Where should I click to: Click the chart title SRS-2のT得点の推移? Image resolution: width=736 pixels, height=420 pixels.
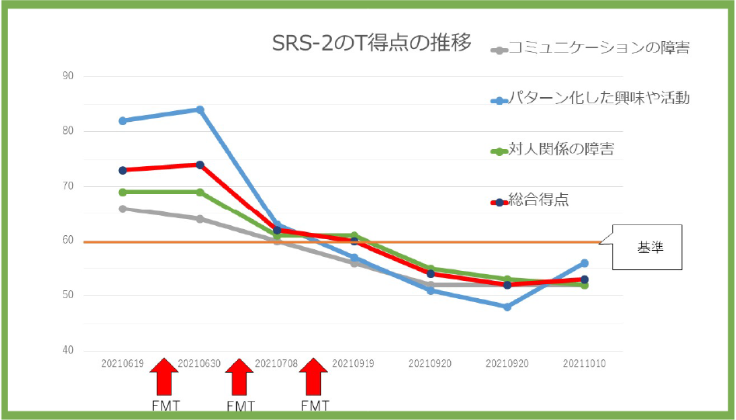pos(371,43)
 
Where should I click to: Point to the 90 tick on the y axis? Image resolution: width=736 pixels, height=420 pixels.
pos(68,76)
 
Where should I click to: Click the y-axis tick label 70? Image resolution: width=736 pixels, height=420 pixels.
pos(68,186)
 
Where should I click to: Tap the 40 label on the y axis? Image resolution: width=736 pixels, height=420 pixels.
pos(68,350)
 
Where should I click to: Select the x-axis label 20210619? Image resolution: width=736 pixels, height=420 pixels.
pos(123,363)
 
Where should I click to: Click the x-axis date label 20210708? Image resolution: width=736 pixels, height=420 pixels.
pos(277,363)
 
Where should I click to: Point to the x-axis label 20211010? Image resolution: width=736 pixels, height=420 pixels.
pos(584,363)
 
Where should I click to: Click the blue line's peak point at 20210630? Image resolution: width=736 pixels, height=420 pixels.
pos(200,109)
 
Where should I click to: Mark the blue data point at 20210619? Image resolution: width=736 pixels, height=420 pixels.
pos(123,120)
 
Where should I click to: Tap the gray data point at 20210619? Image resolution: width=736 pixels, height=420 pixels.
pos(123,208)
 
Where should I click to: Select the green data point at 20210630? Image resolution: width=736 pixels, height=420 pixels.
pos(200,192)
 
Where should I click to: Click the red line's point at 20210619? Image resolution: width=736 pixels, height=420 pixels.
pos(123,170)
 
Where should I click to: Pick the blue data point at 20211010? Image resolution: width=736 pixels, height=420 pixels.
pos(584,263)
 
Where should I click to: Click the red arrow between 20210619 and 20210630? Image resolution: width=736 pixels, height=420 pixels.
pos(163,377)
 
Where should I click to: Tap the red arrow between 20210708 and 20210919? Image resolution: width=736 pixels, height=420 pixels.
pos(314,377)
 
